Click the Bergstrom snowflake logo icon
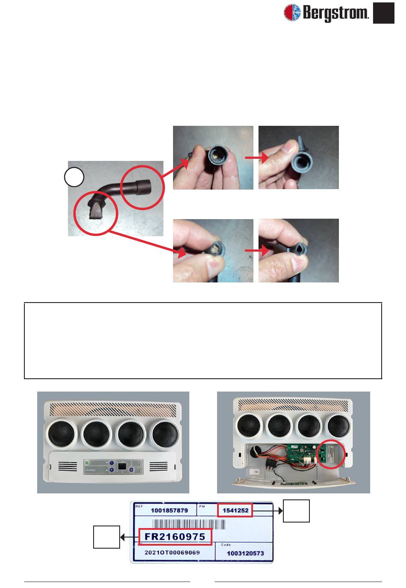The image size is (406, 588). (x=292, y=12)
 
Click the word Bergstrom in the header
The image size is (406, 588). (x=335, y=12)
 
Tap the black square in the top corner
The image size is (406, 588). (x=383, y=13)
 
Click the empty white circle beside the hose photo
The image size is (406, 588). (x=74, y=177)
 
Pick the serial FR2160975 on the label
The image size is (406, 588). (x=175, y=537)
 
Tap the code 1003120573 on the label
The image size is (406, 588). (x=245, y=553)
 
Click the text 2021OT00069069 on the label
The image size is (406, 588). (x=172, y=552)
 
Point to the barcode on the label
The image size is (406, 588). (x=188, y=525)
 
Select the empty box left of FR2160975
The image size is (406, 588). (x=106, y=537)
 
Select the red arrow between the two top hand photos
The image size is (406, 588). (x=256, y=158)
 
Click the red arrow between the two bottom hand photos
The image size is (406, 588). (x=256, y=251)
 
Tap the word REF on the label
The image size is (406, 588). (x=139, y=506)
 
